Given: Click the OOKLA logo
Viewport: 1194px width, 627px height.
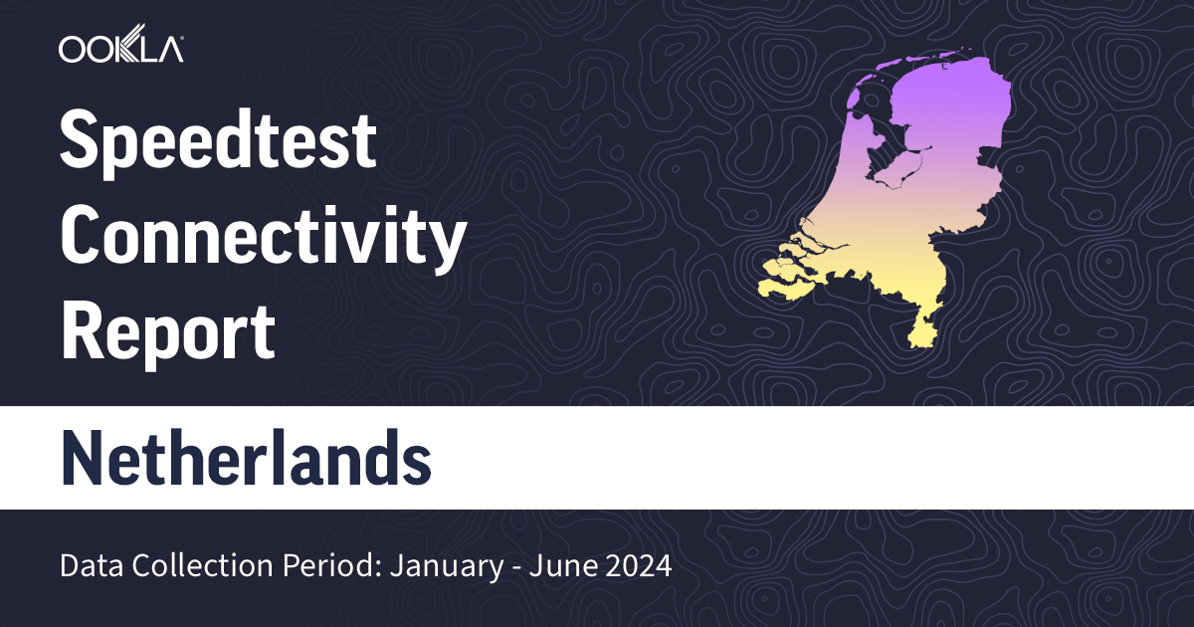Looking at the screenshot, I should point(120,49).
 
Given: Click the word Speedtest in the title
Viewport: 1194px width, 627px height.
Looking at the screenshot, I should point(218,141).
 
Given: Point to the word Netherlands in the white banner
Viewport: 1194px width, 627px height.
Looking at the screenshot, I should point(246,459).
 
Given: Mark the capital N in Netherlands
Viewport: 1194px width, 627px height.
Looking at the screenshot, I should point(85,459).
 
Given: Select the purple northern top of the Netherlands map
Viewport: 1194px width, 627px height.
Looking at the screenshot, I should point(945,90).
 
